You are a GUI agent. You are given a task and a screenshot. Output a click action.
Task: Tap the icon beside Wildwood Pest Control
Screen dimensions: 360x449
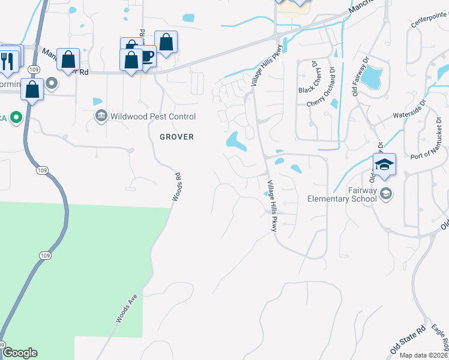click(101, 116)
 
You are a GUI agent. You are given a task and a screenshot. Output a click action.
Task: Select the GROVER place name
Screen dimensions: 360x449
click(176, 137)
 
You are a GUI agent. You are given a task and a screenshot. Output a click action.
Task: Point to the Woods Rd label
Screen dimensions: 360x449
click(176, 188)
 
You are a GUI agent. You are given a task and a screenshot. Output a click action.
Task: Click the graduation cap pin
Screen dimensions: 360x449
click(384, 163)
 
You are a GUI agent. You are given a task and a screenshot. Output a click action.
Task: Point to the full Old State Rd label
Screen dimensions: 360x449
click(408, 340)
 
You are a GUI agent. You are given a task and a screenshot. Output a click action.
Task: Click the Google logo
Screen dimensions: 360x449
click(20, 353)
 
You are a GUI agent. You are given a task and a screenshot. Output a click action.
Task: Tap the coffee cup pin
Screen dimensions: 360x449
click(146, 56)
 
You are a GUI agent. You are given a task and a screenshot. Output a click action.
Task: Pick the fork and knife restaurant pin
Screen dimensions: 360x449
click(6, 61)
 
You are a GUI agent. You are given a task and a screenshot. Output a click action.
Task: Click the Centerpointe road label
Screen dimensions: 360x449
click(430, 22)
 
